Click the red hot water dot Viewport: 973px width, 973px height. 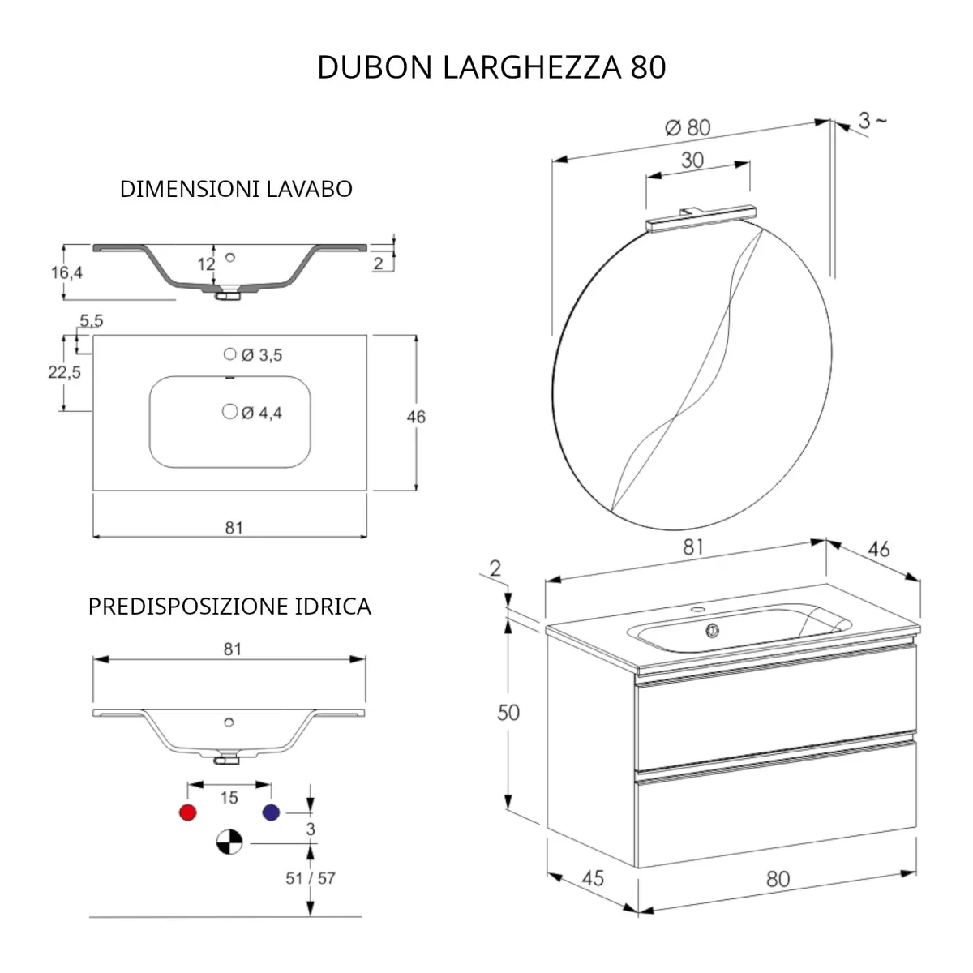[x=187, y=812]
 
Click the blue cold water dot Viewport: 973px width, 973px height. [x=271, y=812]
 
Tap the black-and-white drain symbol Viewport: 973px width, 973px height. [x=229, y=843]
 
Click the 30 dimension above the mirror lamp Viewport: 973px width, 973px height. [x=692, y=160]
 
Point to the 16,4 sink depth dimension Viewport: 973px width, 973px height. [x=67, y=272]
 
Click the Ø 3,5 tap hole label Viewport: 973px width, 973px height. [x=261, y=355]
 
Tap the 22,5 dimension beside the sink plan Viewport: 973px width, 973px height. [x=64, y=372]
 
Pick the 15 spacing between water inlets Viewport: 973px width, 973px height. [x=229, y=798]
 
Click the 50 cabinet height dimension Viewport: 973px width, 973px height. [x=508, y=713]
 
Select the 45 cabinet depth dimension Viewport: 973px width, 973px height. [x=593, y=877]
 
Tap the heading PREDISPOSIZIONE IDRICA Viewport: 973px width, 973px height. [x=229, y=607]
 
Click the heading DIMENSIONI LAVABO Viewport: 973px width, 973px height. [x=236, y=189]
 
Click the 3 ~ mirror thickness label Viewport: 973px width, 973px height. [x=872, y=121]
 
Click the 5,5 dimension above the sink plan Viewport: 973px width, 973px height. [x=91, y=321]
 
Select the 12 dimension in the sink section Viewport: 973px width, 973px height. [x=205, y=264]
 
